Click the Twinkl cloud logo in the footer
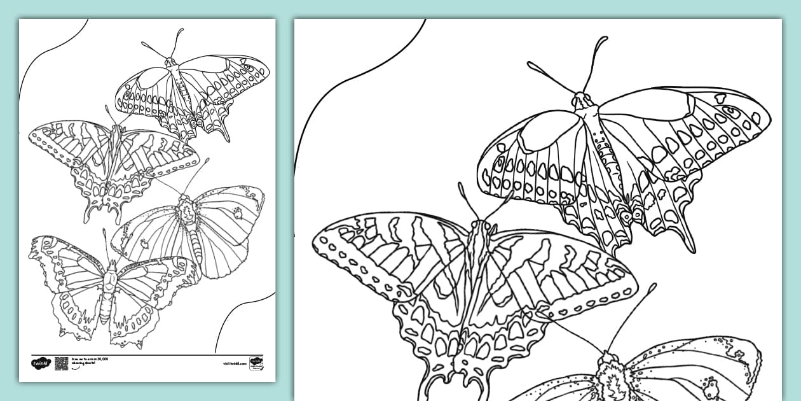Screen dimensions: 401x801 click(x=39, y=363)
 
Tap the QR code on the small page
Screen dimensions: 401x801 click(x=62, y=363)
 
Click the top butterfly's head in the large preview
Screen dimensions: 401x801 click(x=581, y=99)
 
